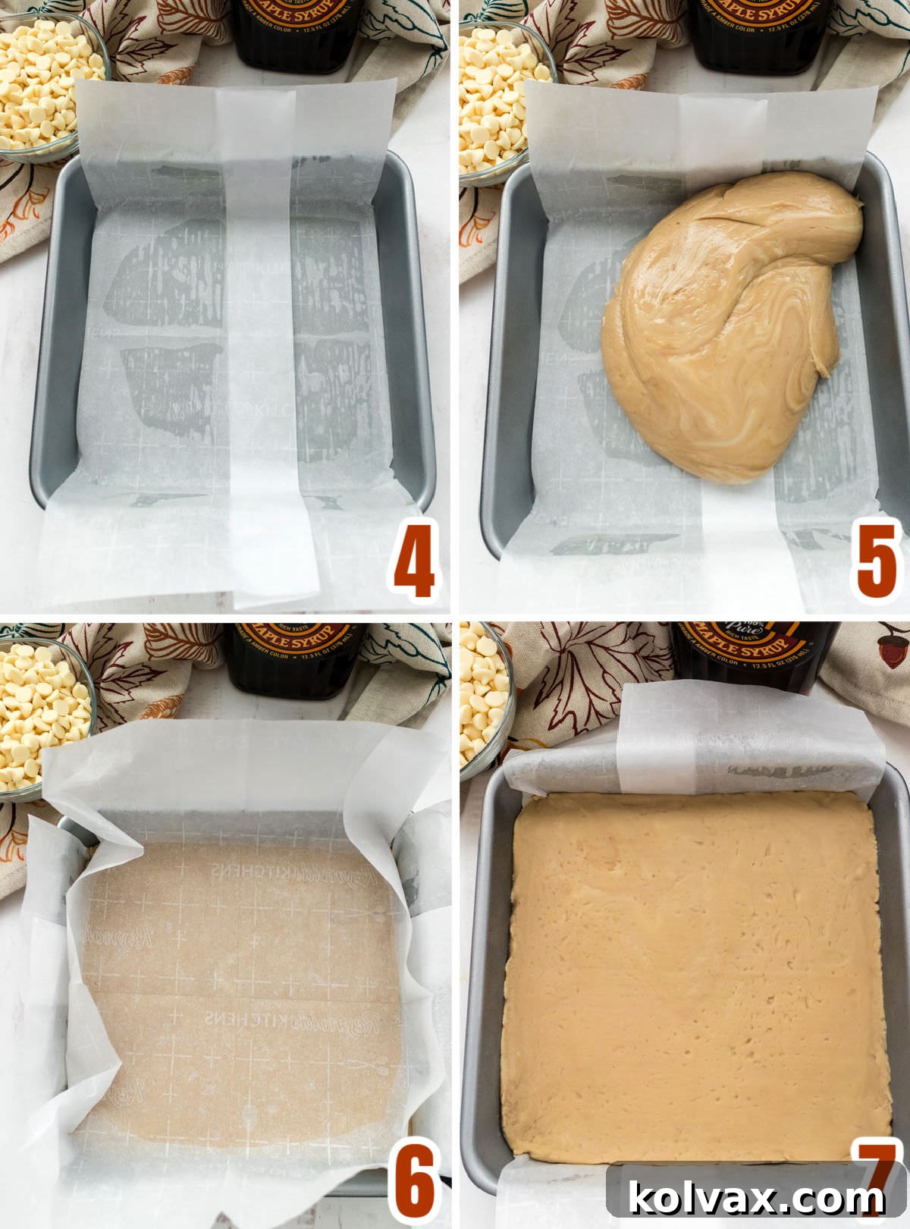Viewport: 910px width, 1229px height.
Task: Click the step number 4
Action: (414, 560)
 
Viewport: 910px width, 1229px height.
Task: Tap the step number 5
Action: (877, 560)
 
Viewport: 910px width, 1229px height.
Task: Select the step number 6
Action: (414, 1180)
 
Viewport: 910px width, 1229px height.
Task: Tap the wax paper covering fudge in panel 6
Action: (243, 986)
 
